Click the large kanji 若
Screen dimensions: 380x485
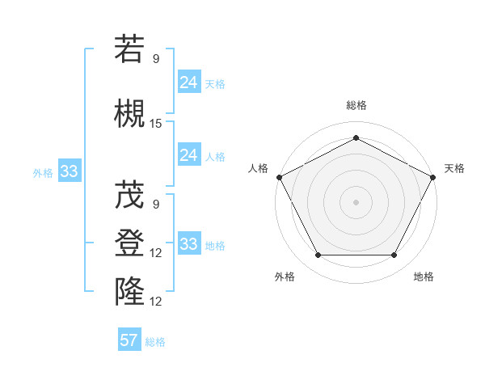coord(129,49)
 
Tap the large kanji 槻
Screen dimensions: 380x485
coord(129,114)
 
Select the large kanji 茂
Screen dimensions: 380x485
coord(129,194)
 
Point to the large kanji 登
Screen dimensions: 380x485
coord(129,243)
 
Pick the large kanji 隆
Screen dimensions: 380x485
coord(129,292)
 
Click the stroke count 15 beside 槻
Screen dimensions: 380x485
coord(156,124)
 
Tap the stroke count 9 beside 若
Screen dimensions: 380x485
coord(156,58)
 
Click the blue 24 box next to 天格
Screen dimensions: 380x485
coord(188,82)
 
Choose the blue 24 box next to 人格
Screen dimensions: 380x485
coord(188,155)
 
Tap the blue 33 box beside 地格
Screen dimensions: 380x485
coord(188,244)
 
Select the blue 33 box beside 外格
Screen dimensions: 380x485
coord(69,171)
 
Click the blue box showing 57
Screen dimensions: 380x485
coord(129,340)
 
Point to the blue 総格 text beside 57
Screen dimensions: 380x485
coord(155,342)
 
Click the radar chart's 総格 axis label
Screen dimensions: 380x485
coord(356,105)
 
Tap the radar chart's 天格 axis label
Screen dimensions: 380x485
coord(454,168)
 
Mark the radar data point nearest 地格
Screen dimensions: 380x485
coord(394,255)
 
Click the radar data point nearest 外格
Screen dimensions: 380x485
coord(318,255)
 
